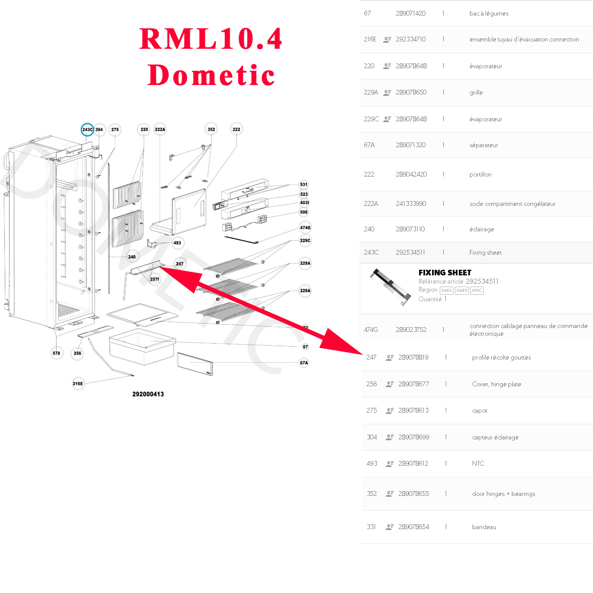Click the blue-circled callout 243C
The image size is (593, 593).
[87, 129]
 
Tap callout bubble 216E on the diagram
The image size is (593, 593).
[78, 383]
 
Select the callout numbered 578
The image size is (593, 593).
[57, 353]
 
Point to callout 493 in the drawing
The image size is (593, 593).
[177, 243]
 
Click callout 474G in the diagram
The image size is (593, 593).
[305, 227]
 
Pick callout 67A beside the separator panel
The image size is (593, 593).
[304, 363]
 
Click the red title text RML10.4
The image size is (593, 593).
[211, 39]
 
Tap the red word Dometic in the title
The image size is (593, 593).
[211, 76]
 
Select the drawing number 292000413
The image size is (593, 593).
[148, 394]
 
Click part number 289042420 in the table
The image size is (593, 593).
[411, 174]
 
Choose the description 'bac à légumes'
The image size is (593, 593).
[489, 13]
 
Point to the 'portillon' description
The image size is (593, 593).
[480, 174]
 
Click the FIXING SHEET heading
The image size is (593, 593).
[445, 272]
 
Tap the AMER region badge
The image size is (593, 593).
[461, 290]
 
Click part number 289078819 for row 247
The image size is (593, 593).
[413, 357]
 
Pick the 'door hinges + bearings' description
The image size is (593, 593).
[503, 494]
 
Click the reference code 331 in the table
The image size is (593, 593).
[371, 527]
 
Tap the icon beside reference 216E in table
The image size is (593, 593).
[387, 39]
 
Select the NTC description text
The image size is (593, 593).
[478, 464]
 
